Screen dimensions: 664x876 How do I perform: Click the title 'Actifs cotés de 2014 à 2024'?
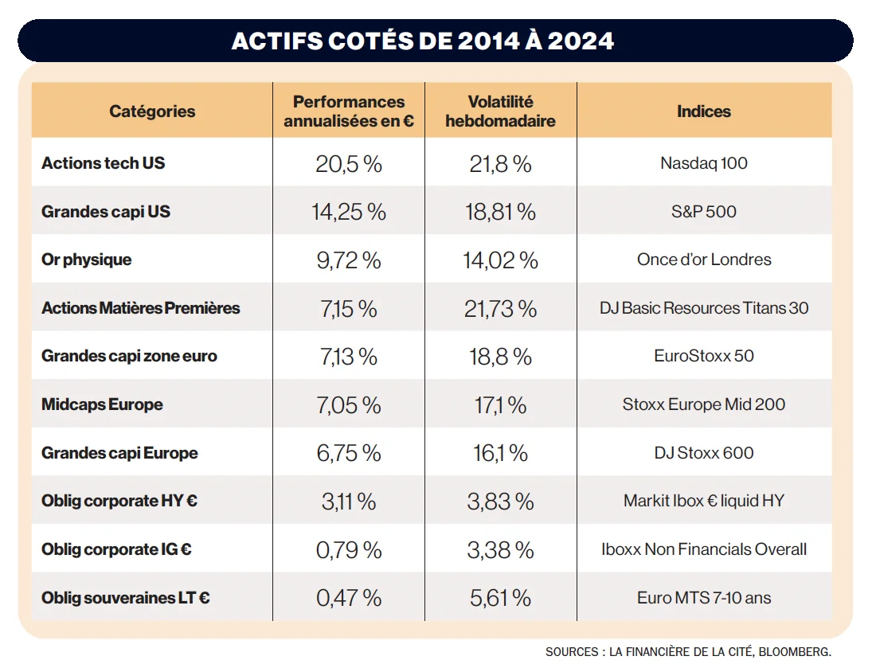pos(423,41)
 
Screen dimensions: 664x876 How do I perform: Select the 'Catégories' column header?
pos(152,111)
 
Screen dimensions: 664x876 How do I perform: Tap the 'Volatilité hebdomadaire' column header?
pos(500,111)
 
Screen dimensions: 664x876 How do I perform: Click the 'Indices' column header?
pos(703,111)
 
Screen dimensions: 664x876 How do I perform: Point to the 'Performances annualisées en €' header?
pos(349,111)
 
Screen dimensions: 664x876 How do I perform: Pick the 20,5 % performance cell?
pos(349,164)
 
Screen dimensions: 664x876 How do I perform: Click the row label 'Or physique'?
pos(87,260)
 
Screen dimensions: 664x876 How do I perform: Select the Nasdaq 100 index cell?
pos(703,164)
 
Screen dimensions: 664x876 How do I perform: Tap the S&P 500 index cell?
pos(703,212)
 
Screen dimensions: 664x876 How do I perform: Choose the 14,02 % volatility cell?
pos(500,260)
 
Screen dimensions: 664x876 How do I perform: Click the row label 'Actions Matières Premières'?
pos(140,308)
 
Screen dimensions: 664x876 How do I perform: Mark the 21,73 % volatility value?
pos(500,309)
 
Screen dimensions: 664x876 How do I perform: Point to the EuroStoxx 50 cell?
pos(703,356)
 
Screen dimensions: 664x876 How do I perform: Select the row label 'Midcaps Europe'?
pos(102,404)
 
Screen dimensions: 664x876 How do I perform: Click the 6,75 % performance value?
pos(349,453)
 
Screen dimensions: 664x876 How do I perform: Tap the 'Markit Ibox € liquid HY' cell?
pos(703,501)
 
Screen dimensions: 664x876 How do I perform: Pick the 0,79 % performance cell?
pos(349,549)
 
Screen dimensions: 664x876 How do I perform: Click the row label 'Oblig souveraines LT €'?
pos(126,598)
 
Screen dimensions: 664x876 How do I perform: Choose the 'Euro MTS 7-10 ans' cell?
pos(703,598)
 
